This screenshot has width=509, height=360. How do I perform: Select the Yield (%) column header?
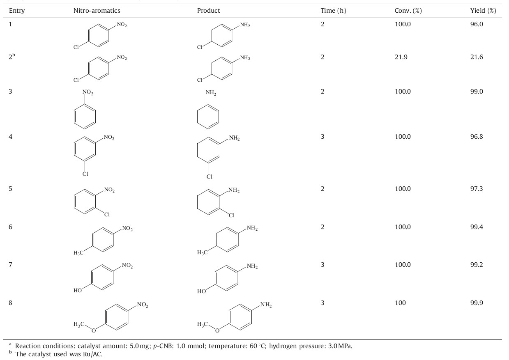click(483, 11)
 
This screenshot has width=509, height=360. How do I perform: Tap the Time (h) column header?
click(333, 11)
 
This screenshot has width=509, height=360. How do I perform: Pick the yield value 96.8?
click(477, 137)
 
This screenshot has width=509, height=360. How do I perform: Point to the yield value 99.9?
click(477, 303)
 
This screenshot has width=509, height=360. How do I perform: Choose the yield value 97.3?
click(477, 189)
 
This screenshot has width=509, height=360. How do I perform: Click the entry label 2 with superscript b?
click(12, 57)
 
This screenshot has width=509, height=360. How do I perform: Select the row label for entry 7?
click(11, 265)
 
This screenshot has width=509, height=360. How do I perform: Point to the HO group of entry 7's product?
click(201, 291)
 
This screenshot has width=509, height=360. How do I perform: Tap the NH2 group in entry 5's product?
click(234, 190)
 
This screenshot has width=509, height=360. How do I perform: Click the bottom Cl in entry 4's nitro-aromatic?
click(85, 174)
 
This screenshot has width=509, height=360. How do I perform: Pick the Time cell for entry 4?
click(322, 137)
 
